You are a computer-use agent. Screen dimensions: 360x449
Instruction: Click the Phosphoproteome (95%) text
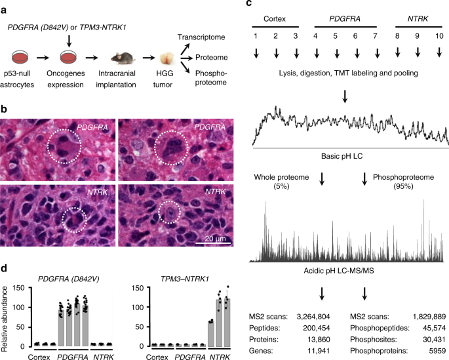click(x=400, y=180)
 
